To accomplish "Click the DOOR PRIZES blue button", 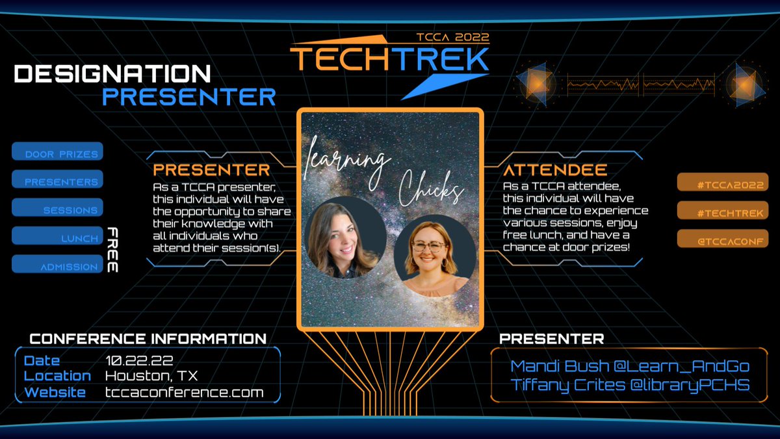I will (57, 152).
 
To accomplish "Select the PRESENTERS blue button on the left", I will (57, 180).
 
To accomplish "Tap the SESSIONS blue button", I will (57, 208).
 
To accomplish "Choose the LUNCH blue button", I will (57, 237).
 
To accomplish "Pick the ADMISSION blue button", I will (57, 265).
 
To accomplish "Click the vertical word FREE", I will (112, 250).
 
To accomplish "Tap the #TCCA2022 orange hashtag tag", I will (722, 183).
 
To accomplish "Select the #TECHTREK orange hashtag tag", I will (722, 211).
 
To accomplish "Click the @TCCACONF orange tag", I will (722, 240).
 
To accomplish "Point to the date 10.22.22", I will (137, 360).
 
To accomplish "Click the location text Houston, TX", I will (151, 376).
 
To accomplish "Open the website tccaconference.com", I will (184, 392).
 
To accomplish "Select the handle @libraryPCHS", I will (687, 384).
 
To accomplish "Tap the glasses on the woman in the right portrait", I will (429, 246).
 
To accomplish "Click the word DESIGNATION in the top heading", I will (112, 73).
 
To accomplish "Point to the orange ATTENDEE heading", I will (555, 170).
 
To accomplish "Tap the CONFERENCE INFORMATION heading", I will (148, 339).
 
